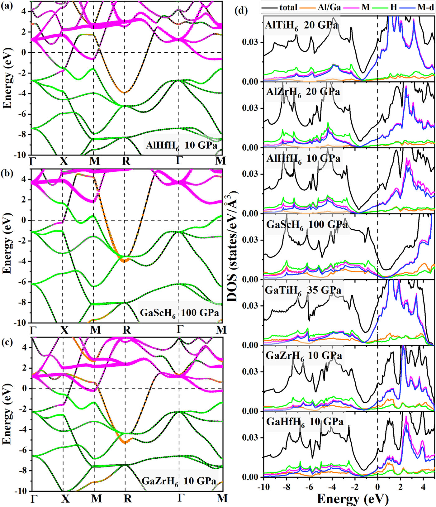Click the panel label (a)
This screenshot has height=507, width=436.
click(x=7, y=6)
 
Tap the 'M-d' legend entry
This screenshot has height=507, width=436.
click(x=425, y=7)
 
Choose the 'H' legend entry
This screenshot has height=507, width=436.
click(x=394, y=7)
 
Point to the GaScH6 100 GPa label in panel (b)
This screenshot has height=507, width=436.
click(x=179, y=312)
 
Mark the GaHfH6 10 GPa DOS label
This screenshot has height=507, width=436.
click(x=305, y=422)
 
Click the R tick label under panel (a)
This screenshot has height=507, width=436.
click(x=126, y=161)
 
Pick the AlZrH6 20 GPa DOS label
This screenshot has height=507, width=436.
click(x=303, y=92)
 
